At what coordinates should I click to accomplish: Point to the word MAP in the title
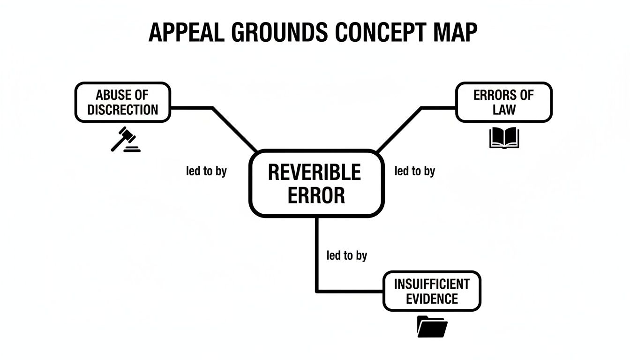coord(454,33)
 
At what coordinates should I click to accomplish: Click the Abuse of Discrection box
coord(123,102)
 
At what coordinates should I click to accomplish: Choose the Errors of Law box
coord(504,102)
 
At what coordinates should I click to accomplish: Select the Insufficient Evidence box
coord(432,291)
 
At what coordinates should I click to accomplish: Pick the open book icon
coord(504,138)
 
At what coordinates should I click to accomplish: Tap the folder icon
coord(432,326)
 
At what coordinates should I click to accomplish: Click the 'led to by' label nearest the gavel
coord(206,171)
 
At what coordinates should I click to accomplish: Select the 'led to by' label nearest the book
coord(415,171)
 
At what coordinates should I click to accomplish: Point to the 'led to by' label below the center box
coord(346,255)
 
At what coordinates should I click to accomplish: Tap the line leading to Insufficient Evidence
coord(317,262)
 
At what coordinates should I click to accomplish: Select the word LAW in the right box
coord(504,110)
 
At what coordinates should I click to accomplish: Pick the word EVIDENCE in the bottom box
coord(432,299)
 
